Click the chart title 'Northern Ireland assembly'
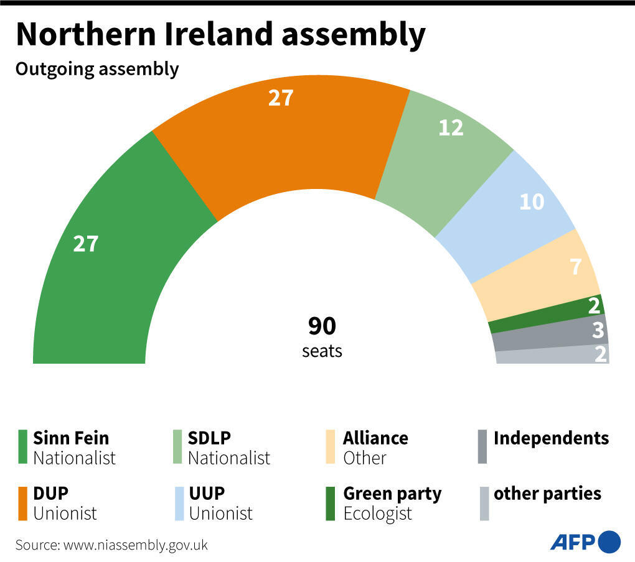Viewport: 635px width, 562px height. pos(220,34)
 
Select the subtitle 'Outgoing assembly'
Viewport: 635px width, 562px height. pos(97,69)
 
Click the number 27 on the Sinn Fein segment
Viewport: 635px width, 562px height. pos(86,244)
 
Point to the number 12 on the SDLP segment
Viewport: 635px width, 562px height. pos(451,127)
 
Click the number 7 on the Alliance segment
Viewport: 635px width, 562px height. pos(575,267)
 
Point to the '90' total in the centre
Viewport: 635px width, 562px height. pos(322,326)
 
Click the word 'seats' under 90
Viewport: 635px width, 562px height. pos(322,351)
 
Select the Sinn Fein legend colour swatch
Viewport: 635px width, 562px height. pos(23,447)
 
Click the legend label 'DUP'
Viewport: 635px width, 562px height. pos(50,494)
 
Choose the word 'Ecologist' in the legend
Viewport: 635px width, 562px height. pos(377,514)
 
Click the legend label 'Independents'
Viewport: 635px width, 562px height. pos(551,438)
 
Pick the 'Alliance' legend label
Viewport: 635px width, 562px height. pos(375,438)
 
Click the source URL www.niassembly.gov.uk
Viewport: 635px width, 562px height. pos(134,545)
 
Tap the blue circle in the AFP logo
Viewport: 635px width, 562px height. pos(609,541)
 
